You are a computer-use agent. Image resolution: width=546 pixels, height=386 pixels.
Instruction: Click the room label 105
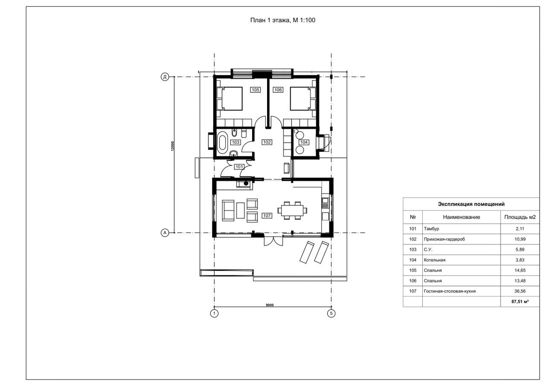click(255, 90)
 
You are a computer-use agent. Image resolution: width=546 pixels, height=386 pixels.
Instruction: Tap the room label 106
click(278, 90)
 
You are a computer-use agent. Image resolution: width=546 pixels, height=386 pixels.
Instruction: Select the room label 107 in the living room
click(267, 216)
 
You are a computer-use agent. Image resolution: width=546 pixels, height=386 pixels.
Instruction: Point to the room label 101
click(239, 167)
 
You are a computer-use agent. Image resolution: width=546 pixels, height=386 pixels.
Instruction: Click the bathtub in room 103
click(222, 142)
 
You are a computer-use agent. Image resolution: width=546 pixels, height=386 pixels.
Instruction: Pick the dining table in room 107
click(292, 211)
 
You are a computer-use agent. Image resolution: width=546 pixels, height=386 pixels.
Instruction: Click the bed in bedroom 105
click(230, 99)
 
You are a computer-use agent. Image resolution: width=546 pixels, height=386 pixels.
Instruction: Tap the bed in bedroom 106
click(303, 99)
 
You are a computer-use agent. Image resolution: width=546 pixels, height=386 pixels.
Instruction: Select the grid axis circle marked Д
click(165, 77)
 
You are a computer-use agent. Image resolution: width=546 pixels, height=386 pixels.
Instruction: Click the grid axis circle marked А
click(165, 233)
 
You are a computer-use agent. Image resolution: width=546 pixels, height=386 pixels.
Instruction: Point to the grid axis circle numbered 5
click(331, 313)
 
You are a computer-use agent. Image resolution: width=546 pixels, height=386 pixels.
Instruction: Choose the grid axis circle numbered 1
click(214, 313)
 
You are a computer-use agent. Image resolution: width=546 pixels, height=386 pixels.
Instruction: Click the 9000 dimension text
click(269, 305)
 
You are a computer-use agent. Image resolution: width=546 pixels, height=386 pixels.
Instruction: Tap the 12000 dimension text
click(172, 146)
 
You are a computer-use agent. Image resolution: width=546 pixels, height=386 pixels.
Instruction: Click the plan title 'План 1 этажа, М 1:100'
click(283, 20)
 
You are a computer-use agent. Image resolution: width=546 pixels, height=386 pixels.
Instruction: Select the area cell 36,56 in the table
click(520, 291)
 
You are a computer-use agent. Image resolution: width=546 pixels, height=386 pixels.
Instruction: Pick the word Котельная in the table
click(435, 260)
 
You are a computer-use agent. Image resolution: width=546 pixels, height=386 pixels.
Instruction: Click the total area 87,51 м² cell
click(520, 301)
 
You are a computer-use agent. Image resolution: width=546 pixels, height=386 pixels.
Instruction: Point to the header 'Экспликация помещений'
click(471, 204)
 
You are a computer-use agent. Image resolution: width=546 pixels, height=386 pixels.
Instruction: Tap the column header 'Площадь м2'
click(520, 217)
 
